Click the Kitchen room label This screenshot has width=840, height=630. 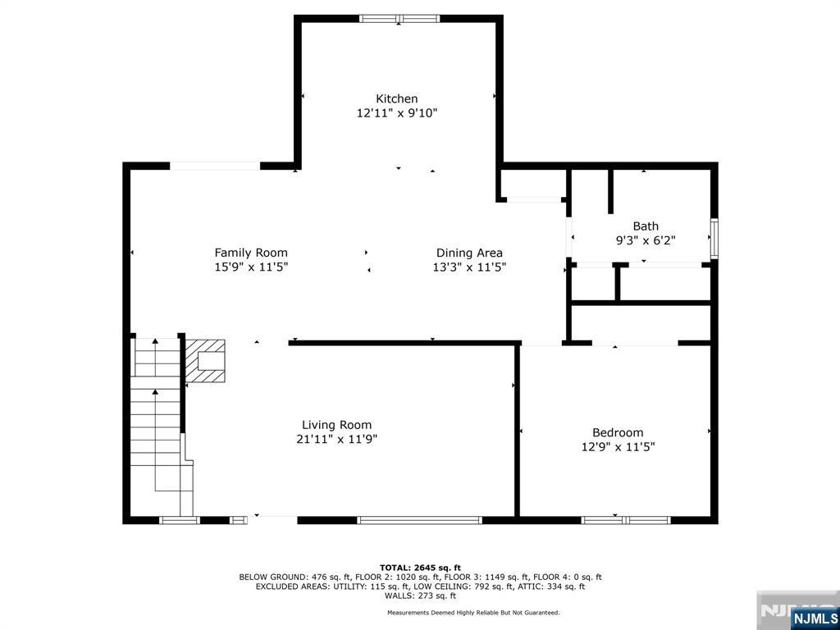pyautogui.click(x=397, y=98)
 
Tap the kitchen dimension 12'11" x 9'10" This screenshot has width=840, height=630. pyautogui.click(x=397, y=114)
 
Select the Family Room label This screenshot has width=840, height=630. pyautogui.click(x=251, y=253)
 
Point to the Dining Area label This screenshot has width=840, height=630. pyautogui.click(x=469, y=253)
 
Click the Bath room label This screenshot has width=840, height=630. pyautogui.click(x=646, y=226)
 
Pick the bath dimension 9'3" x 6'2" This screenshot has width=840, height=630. pyautogui.click(x=646, y=241)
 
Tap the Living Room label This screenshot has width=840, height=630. pyautogui.click(x=336, y=425)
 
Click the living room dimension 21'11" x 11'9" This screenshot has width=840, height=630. pyautogui.click(x=336, y=440)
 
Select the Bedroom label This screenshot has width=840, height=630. pyautogui.click(x=618, y=432)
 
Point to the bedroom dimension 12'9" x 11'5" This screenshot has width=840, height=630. pyautogui.click(x=618, y=447)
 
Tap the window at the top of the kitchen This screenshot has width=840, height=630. pyautogui.click(x=399, y=18)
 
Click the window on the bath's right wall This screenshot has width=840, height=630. pyautogui.click(x=714, y=239)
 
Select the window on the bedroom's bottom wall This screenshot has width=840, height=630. pyautogui.click(x=626, y=520)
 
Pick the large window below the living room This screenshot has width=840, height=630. pyautogui.click(x=419, y=520)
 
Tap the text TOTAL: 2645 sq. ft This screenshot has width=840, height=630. pyautogui.click(x=420, y=568)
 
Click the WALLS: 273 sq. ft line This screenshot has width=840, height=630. pyautogui.click(x=420, y=596)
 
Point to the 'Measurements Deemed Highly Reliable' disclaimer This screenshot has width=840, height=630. pyautogui.click(x=473, y=613)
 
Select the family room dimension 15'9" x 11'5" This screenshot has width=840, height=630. pyautogui.click(x=251, y=267)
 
